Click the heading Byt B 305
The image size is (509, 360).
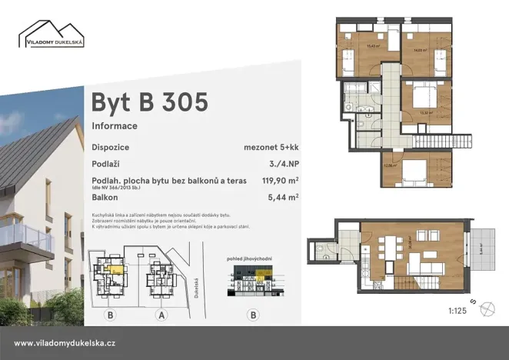149,102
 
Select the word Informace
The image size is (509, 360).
115,125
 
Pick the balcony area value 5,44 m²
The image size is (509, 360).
284,198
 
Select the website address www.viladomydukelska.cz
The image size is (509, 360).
65,343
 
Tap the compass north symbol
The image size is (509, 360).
487,309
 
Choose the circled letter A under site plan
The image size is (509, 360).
161,314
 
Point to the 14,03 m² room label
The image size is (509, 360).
419,50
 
